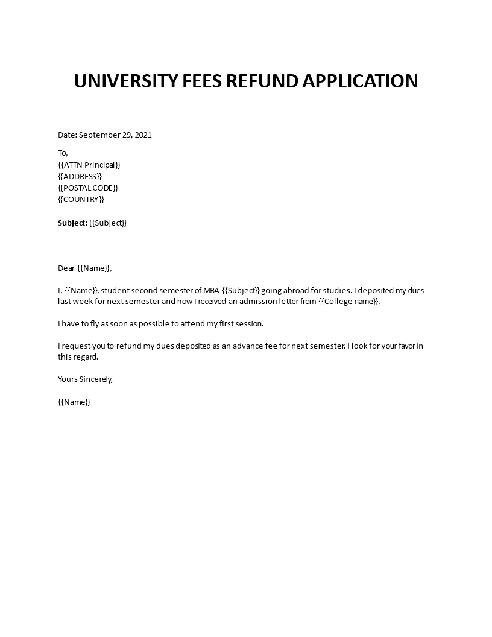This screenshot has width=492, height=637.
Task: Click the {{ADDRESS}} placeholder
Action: pos(80,176)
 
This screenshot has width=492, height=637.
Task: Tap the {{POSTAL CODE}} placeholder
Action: pos(88,188)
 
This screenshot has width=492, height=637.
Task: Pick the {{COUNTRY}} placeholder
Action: pos(81,199)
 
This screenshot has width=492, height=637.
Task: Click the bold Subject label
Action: pos(72,223)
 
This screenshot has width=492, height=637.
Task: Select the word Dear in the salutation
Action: pos(67,268)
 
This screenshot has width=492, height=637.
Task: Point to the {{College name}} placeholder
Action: pos(349,302)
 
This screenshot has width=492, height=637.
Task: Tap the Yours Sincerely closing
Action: pos(85,379)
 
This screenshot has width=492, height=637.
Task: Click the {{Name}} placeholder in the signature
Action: pos(74,402)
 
